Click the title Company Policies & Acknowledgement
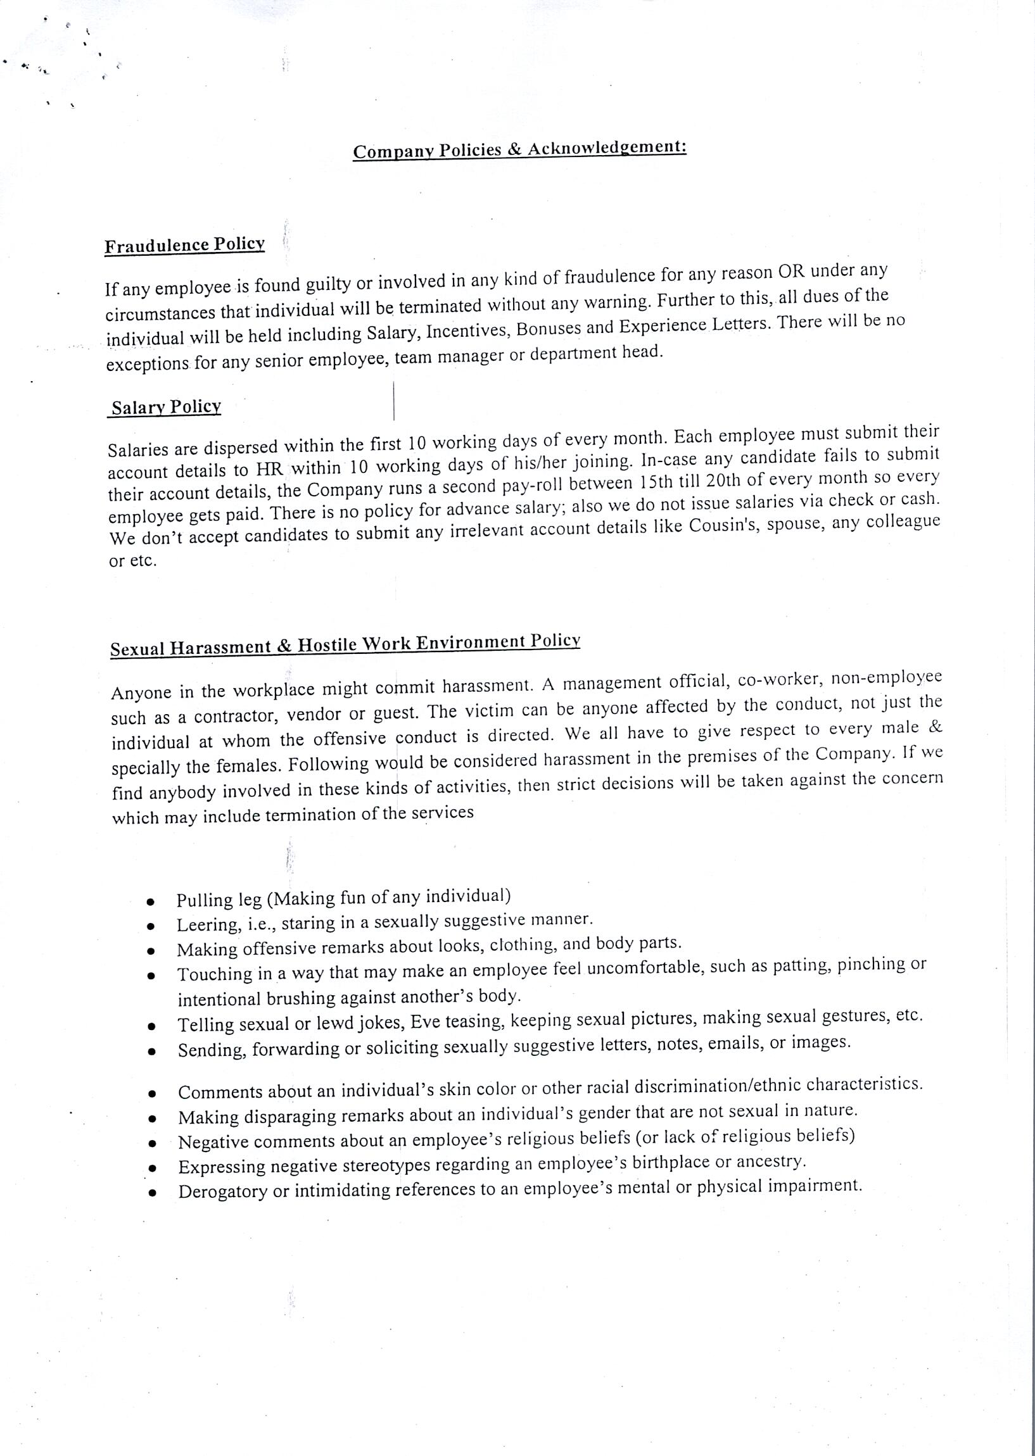click(519, 149)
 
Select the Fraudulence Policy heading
click(184, 245)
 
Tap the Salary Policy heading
click(166, 408)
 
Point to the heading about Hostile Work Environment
click(345, 644)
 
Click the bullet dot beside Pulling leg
click(150, 902)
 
